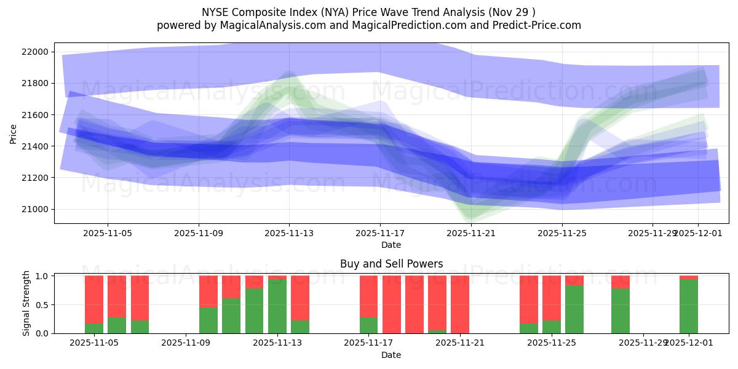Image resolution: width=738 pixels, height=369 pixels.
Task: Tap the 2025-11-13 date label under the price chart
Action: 289,234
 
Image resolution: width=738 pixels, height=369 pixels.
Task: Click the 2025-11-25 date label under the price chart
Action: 561,234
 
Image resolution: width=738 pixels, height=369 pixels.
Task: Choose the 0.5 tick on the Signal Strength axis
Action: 42,305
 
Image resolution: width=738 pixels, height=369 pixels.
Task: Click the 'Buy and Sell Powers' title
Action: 391,264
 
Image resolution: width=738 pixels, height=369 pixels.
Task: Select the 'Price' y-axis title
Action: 13,133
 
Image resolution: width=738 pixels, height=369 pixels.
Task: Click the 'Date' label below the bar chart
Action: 391,355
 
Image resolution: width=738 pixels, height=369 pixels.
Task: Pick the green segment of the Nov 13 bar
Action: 277,306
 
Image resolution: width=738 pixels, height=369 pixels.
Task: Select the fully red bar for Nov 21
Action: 460,304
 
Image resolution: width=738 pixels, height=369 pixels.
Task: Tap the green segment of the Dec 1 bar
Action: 689,306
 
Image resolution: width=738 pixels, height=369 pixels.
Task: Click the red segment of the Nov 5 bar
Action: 117,296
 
